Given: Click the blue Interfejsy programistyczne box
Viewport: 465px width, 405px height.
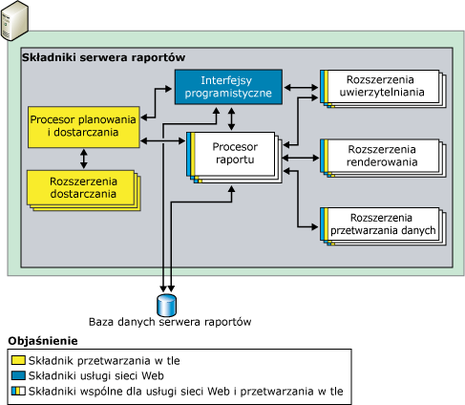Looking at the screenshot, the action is click(x=228, y=87).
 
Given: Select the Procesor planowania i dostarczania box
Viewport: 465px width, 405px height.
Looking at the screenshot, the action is click(x=84, y=127).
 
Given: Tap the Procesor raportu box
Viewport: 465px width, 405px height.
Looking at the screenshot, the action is click(x=234, y=158).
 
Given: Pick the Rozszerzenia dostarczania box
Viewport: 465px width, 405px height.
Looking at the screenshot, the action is click(x=83, y=190).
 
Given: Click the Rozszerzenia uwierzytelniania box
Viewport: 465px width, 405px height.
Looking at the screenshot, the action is click(x=383, y=89).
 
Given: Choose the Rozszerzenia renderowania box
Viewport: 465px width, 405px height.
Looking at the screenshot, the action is click(x=383, y=158).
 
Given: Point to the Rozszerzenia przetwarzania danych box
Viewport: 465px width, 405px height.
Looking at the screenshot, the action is click(x=383, y=226).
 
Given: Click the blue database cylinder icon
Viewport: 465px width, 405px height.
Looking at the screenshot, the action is click(x=167, y=305).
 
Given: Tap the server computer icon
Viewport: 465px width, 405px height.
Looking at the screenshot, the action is click(x=14, y=21).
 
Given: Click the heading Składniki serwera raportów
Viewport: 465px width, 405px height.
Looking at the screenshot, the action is click(x=103, y=57).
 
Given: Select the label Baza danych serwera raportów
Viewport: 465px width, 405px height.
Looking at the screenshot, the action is click(x=170, y=322).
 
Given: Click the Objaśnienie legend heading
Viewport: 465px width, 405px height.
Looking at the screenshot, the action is click(x=43, y=341).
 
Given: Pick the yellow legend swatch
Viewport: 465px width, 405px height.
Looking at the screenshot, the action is click(x=18, y=360).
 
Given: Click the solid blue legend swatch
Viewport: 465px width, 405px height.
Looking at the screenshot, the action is click(x=18, y=375).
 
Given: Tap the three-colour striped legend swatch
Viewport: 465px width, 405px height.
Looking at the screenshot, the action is click(x=18, y=391).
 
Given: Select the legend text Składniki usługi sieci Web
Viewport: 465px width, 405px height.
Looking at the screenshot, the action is click(x=96, y=376).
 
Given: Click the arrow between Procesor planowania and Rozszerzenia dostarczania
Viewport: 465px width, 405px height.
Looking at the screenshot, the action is click(x=84, y=159).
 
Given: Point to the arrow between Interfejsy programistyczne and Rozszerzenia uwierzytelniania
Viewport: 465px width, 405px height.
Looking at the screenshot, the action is click(x=301, y=87).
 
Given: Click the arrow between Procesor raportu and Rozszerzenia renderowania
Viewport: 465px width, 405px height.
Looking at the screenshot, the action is click(x=301, y=158).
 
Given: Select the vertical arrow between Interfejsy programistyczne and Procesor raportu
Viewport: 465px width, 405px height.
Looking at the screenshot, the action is click(x=231, y=118).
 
